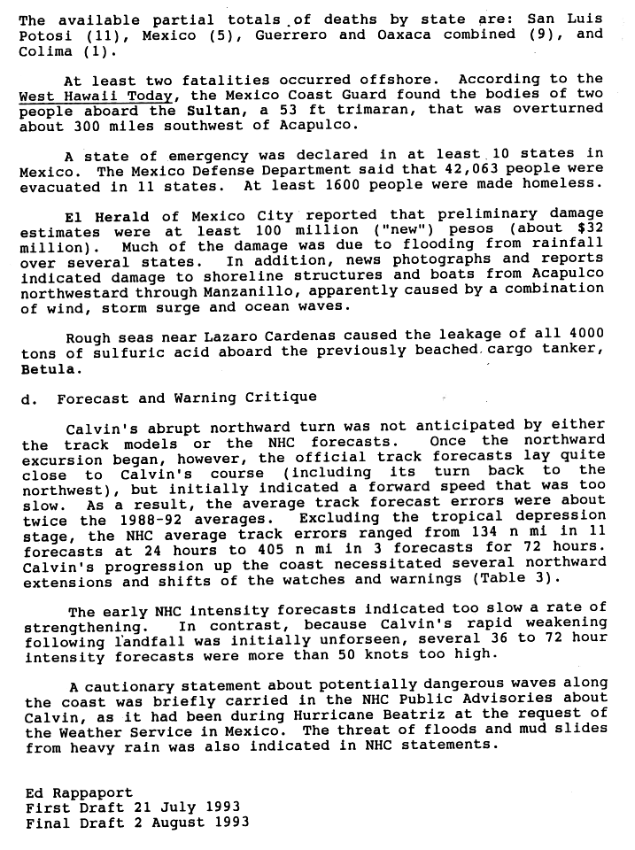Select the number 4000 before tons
click(586, 334)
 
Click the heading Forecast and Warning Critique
click(187, 398)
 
